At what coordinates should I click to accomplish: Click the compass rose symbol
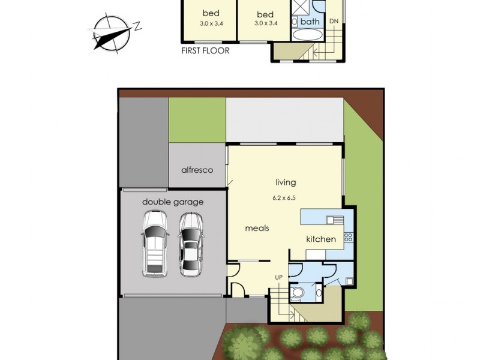click(x=112, y=31)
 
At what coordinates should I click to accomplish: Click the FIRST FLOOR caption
click(x=205, y=51)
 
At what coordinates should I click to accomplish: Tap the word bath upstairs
click(x=310, y=22)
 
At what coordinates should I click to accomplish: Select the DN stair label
click(x=334, y=22)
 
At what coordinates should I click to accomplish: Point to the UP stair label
click(x=278, y=277)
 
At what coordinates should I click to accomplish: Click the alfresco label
click(x=197, y=170)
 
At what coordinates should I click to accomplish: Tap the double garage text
click(x=173, y=202)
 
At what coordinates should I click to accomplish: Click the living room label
click(x=286, y=182)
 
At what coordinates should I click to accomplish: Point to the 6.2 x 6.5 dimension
click(x=286, y=197)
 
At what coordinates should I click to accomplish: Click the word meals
click(x=257, y=228)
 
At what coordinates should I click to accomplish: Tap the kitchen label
click(x=321, y=239)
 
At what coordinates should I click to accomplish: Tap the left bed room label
click(x=211, y=14)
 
